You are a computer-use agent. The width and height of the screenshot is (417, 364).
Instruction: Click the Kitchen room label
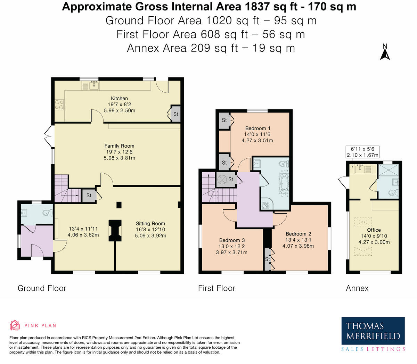coord(119,98)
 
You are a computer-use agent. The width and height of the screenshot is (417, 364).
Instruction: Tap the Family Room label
coord(119,146)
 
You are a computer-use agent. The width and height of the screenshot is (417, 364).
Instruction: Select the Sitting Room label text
coord(150,223)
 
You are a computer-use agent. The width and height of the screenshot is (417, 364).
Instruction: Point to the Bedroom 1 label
coord(257,128)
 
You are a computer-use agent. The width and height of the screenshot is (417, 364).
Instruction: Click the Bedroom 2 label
coord(299,234)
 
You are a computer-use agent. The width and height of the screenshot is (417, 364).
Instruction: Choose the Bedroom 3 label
coord(232,240)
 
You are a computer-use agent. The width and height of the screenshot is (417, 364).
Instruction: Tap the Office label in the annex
coord(374,230)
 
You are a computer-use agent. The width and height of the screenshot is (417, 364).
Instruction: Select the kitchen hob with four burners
coord(59,105)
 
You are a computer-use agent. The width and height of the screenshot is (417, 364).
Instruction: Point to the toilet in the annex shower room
coord(394,192)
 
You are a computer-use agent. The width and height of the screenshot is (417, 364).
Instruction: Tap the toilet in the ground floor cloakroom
coord(48,213)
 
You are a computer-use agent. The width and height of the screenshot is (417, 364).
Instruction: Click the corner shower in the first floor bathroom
coord(266,204)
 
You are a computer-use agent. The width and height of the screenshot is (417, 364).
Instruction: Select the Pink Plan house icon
coord(15,325)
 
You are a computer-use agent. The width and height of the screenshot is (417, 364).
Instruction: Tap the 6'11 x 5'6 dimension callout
coord(362,152)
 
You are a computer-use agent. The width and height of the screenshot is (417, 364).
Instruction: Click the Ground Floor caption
coord(42,288)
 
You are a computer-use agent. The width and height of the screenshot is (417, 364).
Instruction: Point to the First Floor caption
coord(216,288)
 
